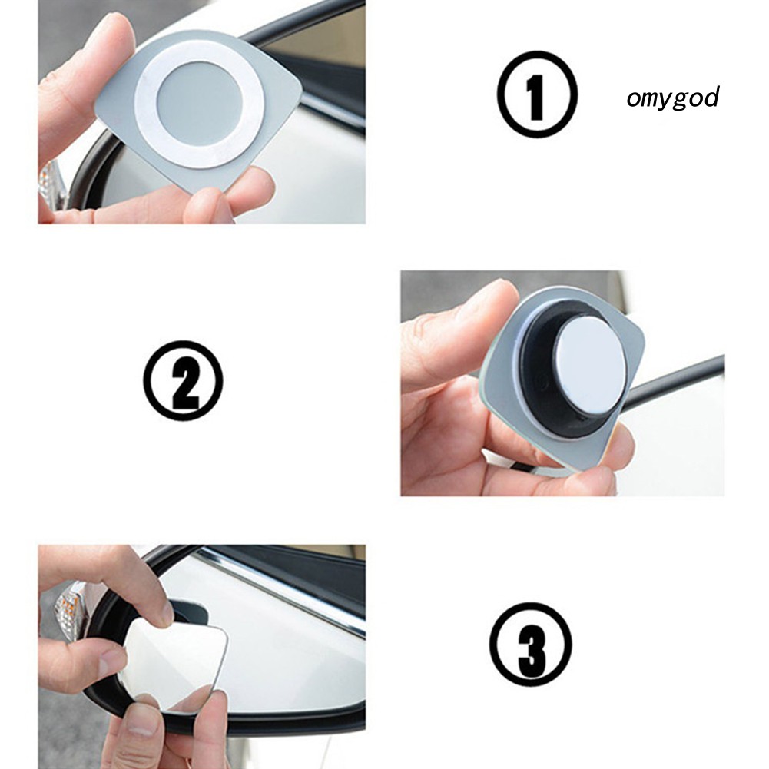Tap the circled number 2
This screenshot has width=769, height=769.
pos(183,380)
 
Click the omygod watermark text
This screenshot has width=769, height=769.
pos(672,98)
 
